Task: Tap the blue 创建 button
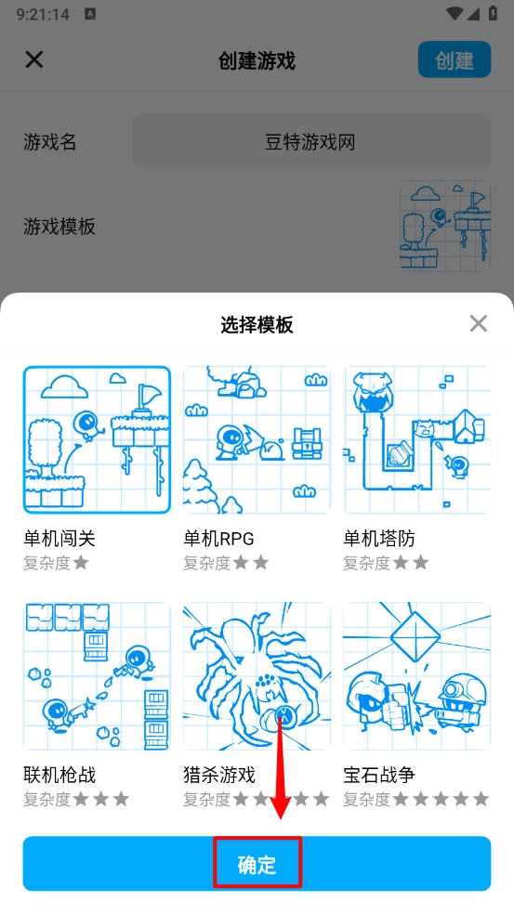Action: pyautogui.click(x=454, y=59)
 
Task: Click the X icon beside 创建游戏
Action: pyautogui.click(x=34, y=59)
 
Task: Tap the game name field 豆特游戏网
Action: pyautogui.click(x=311, y=141)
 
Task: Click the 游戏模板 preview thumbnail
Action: pyautogui.click(x=444, y=226)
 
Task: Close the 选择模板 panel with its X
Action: pyautogui.click(x=479, y=323)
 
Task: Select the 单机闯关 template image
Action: pyautogui.click(x=97, y=439)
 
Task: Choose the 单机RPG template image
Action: pyautogui.click(x=257, y=439)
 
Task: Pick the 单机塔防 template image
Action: pyautogui.click(x=416, y=439)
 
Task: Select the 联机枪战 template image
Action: pyautogui.click(x=97, y=676)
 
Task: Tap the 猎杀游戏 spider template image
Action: pyautogui.click(x=257, y=676)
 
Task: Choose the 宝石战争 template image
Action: pyautogui.click(x=416, y=676)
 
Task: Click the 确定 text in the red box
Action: pyautogui.click(x=257, y=865)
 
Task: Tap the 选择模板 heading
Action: pyautogui.click(x=257, y=324)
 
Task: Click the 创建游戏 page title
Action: pyautogui.click(x=257, y=60)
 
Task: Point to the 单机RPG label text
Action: pyautogui.click(x=218, y=538)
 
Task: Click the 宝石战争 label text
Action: pyautogui.click(x=379, y=775)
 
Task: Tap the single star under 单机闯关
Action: pyautogui.click(x=81, y=563)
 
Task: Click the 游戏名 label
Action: pyautogui.click(x=49, y=141)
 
